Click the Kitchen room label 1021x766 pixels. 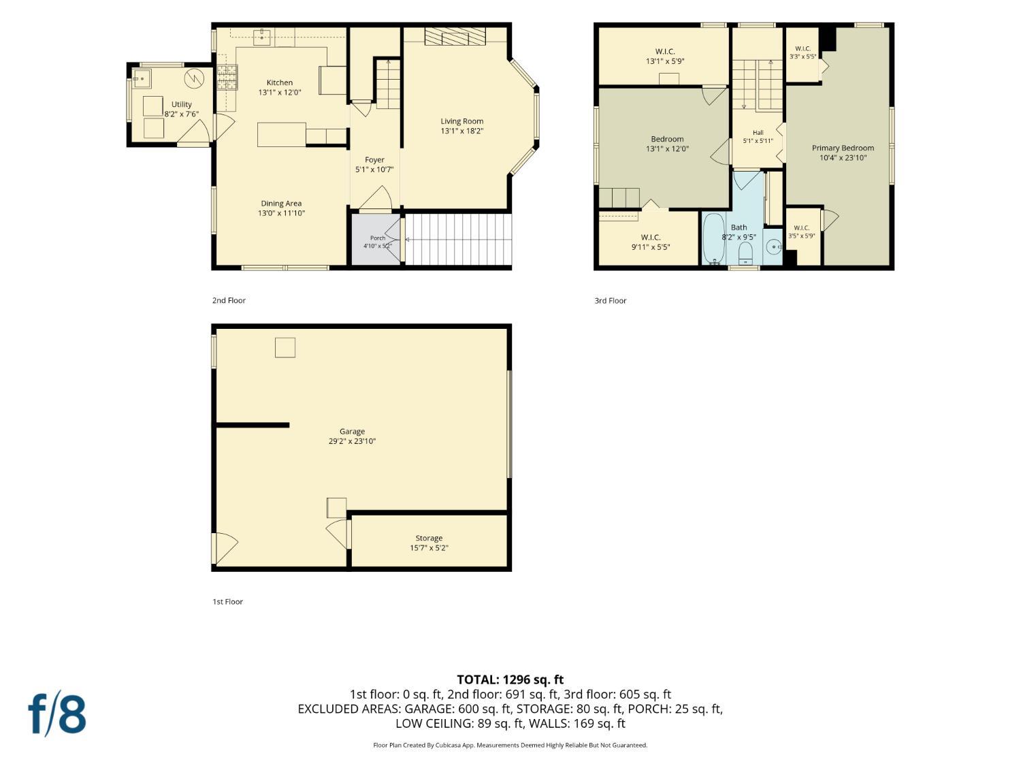tap(280, 83)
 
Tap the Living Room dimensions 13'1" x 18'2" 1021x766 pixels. tap(462, 131)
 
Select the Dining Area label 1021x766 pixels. tap(281, 203)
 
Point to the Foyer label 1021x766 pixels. tap(374, 159)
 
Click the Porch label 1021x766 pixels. tap(378, 238)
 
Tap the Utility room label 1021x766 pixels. tap(182, 104)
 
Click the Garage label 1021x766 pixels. tap(352, 431)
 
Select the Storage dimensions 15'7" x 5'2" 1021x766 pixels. tap(429, 548)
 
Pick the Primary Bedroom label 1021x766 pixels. tap(843, 148)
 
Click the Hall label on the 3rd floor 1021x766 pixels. tap(758, 133)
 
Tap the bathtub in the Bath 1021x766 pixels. tap(713, 239)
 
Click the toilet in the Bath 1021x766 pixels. tap(745, 253)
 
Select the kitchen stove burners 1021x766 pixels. tap(227, 77)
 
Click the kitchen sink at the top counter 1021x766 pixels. tap(263, 36)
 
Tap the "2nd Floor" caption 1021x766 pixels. tap(229, 300)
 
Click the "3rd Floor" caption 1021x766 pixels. tap(611, 301)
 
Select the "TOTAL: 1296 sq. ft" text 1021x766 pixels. tap(510, 680)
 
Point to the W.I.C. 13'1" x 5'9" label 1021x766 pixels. tap(665, 57)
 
